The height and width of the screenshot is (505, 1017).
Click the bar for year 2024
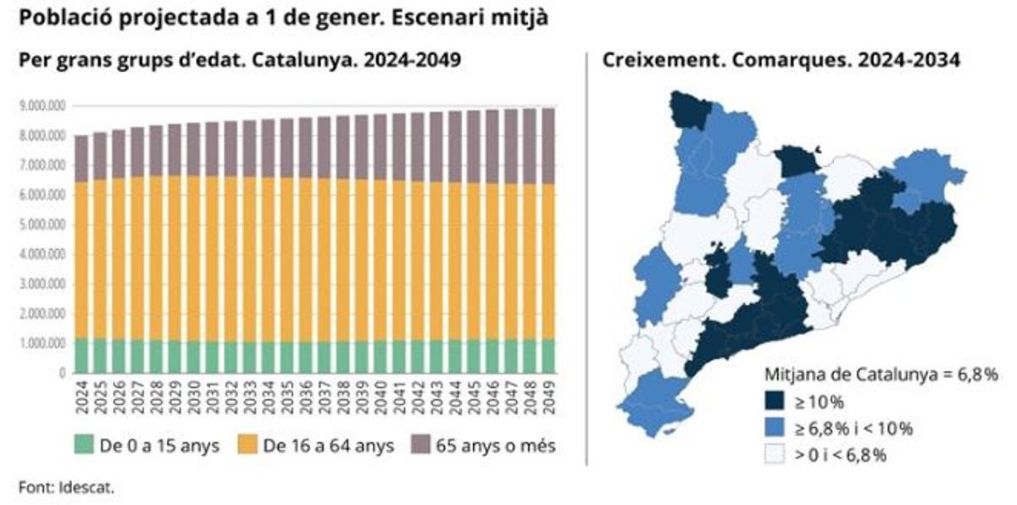pos(81,254)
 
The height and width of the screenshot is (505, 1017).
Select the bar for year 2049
pos(547,241)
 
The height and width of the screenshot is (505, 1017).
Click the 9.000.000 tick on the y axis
pos(42,107)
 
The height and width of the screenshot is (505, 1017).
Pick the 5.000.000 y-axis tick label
pos(42,225)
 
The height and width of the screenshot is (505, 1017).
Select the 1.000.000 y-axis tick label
pos(42,343)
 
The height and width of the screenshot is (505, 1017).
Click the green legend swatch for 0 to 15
pos(83,445)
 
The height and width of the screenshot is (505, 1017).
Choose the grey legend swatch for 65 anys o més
pos(421,445)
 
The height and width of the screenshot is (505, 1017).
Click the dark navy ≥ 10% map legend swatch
pos(776,401)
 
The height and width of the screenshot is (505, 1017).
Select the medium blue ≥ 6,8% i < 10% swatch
pos(776,428)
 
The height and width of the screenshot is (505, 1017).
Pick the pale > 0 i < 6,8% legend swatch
pos(776,455)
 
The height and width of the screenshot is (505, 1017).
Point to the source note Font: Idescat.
pos(66,486)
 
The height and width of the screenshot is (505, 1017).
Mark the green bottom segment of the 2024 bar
pos(81,356)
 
